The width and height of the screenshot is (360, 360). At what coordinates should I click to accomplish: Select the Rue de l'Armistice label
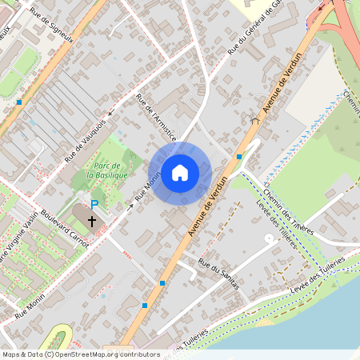[x=156, y=118]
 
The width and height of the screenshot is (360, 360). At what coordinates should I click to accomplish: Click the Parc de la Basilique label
[x=108, y=170]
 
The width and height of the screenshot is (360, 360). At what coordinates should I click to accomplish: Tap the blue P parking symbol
[x=94, y=205]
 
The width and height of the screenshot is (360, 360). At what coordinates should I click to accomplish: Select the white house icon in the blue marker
[x=180, y=173]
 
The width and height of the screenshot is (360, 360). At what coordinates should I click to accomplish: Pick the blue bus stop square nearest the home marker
[x=239, y=157]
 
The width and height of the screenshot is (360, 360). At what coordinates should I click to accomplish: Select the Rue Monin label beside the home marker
[x=147, y=186]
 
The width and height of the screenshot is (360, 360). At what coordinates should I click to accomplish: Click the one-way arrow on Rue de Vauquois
[x=111, y=114]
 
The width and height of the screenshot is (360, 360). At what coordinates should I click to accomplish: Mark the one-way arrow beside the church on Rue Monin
[x=130, y=206]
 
